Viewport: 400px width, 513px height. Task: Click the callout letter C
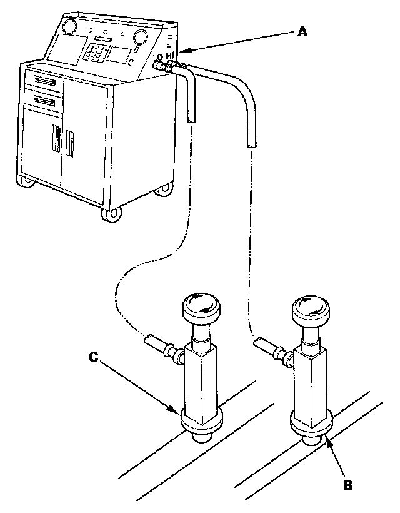[92, 358]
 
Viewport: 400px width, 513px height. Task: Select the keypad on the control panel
[99, 51]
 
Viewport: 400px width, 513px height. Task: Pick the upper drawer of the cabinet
[44, 80]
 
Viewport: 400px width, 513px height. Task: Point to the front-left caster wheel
[27, 182]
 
